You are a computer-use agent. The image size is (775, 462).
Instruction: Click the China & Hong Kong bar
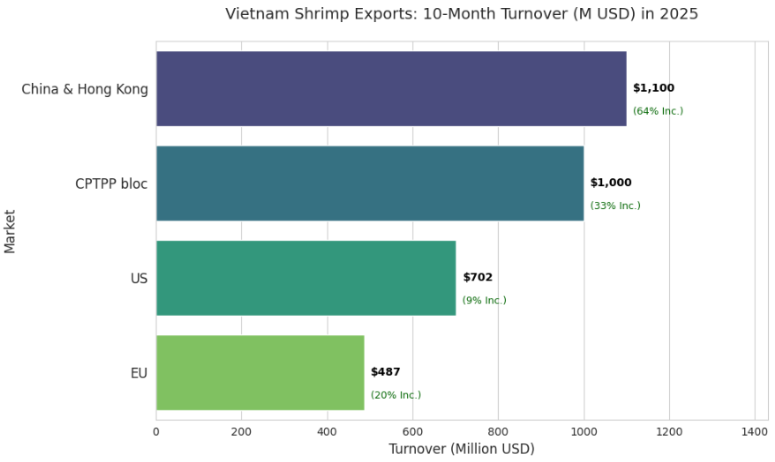click(391, 88)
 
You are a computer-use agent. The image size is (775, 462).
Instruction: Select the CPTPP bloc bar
click(370, 183)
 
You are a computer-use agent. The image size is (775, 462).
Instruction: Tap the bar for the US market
click(305, 278)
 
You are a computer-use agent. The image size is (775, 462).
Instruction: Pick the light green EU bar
click(260, 372)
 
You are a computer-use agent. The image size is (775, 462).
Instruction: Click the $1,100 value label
click(653, 88)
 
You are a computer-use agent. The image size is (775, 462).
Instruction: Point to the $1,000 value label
click(611, 183)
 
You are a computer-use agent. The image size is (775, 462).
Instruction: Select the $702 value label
click(478, 278)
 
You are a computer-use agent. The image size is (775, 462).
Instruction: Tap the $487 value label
click(385, 372)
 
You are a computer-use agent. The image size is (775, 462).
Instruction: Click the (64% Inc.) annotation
click(658, 111)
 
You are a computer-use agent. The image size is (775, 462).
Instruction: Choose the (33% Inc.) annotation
click(615, 206)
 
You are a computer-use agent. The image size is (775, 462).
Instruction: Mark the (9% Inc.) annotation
click(484, 301)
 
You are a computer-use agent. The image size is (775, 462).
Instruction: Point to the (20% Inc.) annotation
click(395, 395)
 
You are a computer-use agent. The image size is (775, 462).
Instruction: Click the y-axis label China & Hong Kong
click(85, 89)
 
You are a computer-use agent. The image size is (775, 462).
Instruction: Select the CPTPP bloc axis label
click(111, 184)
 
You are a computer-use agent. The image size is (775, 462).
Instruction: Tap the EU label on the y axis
click(139, 373)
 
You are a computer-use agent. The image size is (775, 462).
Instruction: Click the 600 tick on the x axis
click(412, 432)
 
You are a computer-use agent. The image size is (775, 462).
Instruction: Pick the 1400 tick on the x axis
click(755, 432)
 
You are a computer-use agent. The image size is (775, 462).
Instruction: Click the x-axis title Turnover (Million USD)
click(462, 449)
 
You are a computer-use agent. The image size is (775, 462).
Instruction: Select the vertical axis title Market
click(11, 231)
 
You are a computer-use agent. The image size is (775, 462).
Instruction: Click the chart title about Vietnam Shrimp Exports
click(462, 14)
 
